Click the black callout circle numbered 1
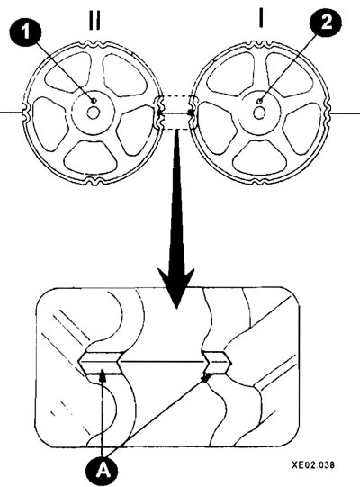(x=26, y=31)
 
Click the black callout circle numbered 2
(x=326, y=23)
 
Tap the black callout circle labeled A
(x=103, y=472)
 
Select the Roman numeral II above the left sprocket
(x=94, y=21)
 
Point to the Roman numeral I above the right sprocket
(x=261, y=17)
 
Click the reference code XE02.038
(x=313, y=465)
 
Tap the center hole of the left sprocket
(x=93, y=113)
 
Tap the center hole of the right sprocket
(x=259, y=113)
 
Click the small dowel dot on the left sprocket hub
(x=94, y=100)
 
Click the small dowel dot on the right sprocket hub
(x=260, y=100)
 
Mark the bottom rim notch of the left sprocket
(x=94, y=181)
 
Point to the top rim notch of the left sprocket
(x=93, y=44)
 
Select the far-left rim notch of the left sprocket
(x=26, y=113)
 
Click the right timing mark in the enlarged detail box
(x=217, y=363)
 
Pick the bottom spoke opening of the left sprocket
(x=93, y=158)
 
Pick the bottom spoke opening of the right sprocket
(x=258, y=158)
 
